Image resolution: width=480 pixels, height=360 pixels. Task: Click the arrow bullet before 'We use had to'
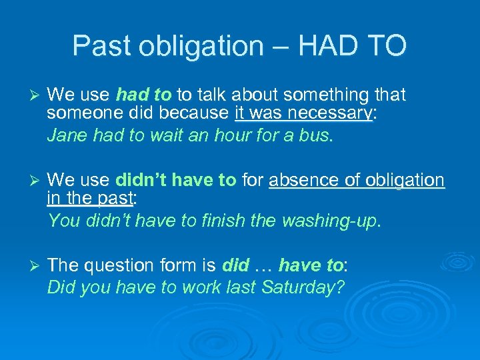[31, 96]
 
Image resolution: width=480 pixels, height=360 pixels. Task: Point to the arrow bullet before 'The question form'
[31, 265]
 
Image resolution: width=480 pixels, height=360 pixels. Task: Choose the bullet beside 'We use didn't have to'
[31, 180]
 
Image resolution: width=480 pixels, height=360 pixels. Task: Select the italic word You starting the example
[63, 220]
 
